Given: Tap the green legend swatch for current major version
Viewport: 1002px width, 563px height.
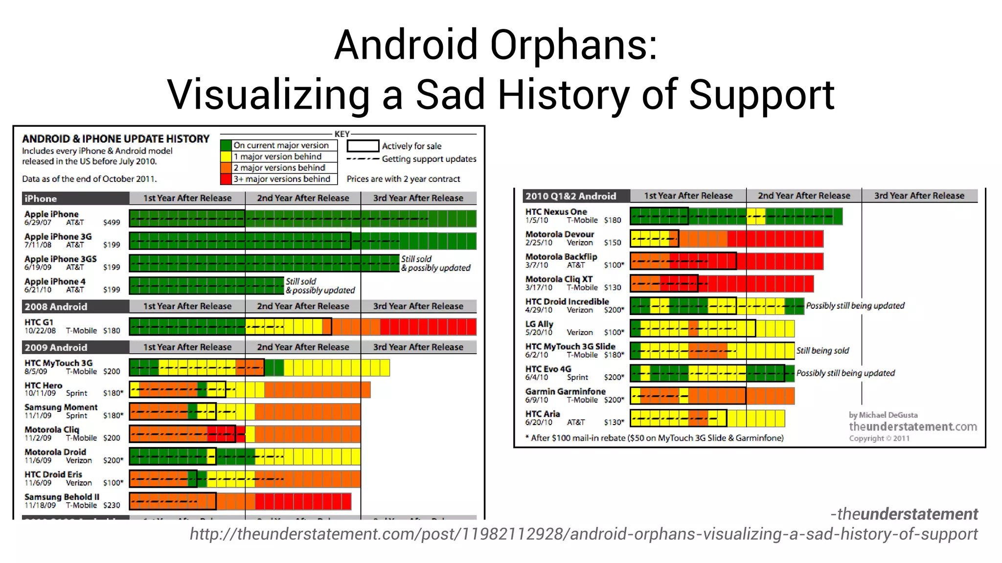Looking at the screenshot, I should click(x=226, y=145).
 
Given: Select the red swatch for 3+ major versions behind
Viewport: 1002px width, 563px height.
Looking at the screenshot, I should click(x=226, y=179).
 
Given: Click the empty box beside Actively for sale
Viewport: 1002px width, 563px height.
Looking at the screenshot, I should click(x=363, y=146).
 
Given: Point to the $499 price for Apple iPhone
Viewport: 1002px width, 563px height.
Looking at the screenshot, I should click(x=112, y=223).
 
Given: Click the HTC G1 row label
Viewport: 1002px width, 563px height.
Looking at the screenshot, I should click(x=39, y=322).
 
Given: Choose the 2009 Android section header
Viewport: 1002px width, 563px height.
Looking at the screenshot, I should click(x=56, y=347).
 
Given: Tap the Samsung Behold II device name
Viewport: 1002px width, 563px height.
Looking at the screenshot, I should click(x=62, y=497).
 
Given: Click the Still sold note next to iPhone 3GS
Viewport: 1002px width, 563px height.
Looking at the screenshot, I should click(x=416, y=259).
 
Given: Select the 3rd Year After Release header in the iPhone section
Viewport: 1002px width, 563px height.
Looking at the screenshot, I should click(x=418, y=198).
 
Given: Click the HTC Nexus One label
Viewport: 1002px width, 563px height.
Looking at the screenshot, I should click(x=556, y=212).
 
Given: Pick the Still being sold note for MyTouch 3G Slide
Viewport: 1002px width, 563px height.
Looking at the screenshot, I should click(x=822, y=351).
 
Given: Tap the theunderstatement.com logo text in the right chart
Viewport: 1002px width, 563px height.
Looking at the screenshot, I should click(x=912, y=427).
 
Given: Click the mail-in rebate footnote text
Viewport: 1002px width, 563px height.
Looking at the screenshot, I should click(x=654, y=438).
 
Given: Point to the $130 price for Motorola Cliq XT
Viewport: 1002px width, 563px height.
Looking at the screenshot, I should click(x=612, y=288).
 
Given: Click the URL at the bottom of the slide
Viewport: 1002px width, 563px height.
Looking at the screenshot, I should click(x=583, y=534).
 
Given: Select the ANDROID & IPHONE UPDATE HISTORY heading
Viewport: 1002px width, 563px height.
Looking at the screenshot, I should click(x=115, y=139).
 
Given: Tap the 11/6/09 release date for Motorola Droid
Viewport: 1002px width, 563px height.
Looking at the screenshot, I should click(x=38, y=460).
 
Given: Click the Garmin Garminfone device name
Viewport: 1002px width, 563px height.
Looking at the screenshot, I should click(x=565, y=391).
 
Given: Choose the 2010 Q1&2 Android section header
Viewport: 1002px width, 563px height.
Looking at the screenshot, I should click(x=570, y=196).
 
